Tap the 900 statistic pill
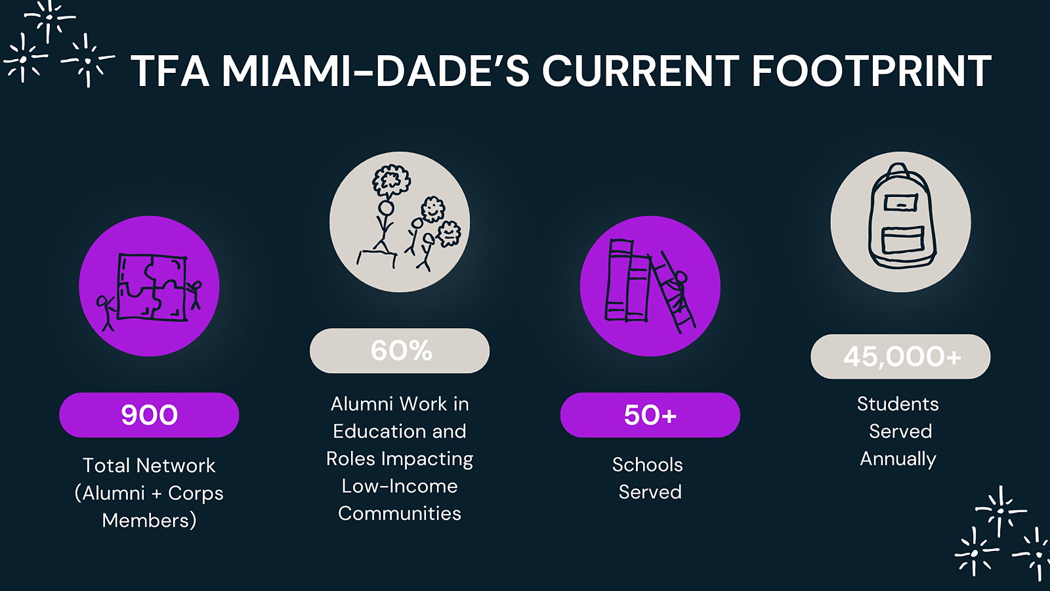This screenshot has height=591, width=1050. pos(149,415)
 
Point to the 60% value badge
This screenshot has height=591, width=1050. pos(400,351)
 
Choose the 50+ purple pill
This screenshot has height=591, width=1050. pos(650,415)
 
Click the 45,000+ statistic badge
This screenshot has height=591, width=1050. pos(900,357)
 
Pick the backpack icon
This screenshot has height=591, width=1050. pos(901,217)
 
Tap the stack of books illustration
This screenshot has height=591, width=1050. pos(627,280)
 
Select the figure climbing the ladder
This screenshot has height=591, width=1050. pos(677,291)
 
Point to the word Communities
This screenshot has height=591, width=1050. pos(400,513)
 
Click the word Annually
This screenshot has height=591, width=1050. pos(898,459)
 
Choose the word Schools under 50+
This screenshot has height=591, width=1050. pos(647,465)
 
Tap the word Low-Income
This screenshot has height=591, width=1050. pos(400,486)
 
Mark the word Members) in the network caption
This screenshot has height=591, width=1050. pos(149,521)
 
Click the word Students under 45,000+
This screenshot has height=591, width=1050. pos(898,404)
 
